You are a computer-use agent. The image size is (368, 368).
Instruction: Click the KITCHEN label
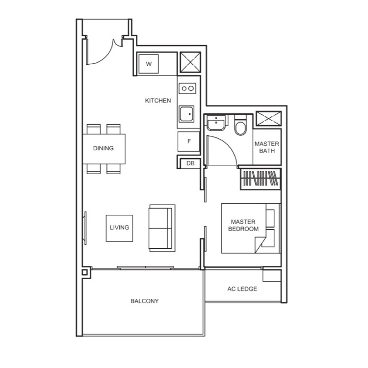coord(158,101)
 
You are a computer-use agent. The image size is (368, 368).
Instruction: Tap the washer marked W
coord(149,64)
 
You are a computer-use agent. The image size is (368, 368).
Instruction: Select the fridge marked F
coord(189,141)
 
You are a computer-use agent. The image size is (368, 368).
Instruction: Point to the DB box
coord(190,163)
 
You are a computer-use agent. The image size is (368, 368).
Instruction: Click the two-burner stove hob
coord(187,88)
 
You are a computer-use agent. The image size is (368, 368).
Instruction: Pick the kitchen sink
coord(187,114)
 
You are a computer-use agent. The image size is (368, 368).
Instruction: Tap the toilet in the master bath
coord(240,125)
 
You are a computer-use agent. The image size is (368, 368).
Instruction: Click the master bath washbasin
coord(216,122)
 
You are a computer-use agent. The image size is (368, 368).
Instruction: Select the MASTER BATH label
coord(267,147)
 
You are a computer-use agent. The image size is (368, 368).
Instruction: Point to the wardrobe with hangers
coord(261,179)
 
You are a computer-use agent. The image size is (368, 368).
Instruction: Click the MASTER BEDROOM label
coord(243,225)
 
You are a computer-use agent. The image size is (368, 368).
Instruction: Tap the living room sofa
coord(162,228)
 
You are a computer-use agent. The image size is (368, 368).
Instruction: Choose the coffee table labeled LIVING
coord(119,228)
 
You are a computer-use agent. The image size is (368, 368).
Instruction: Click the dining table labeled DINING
coord(104,149)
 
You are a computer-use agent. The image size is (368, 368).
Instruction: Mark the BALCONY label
coord(145,301)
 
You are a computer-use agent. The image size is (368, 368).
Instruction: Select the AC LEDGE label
coord(242,289)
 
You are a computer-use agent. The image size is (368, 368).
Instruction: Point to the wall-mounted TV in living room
coord(85,228)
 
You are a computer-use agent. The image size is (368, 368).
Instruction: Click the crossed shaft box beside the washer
coord(190,62)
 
